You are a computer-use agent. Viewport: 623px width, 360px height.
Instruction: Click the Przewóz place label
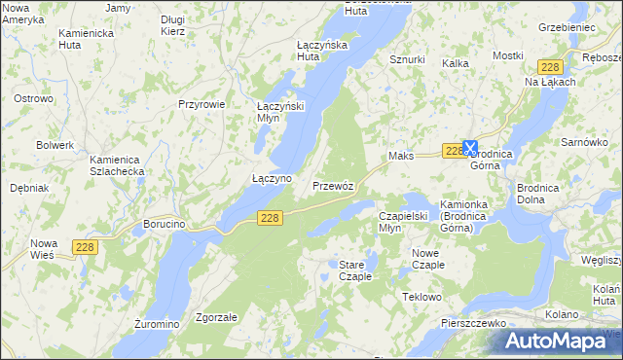pyautogui.click(x=339, y=185)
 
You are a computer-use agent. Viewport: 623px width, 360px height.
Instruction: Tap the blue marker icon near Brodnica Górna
pyautogui.click(x=470, y=149)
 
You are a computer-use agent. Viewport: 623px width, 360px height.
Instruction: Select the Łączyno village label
pyautogui.click(x=272, y=179)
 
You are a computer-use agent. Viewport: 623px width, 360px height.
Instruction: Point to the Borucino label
pyautogui.click(x=164, y=224)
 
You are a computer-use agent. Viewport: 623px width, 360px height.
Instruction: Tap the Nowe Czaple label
pyautogui.click(x=421, y=259)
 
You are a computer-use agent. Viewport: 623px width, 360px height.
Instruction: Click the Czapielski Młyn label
pyautogui.click(x=403, y=222)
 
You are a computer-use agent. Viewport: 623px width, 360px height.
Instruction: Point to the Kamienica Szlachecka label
pyautogui.click(x=117, y=165)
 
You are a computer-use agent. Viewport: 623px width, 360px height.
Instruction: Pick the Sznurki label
pyautogui.click(x=407, y=59)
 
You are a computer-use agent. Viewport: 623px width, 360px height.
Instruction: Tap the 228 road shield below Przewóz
pyautogui.click(x=272, y=219)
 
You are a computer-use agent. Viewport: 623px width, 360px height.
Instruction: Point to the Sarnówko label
pyautogui.click(x=584, y=142)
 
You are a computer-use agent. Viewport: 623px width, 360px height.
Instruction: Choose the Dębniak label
pyautogui.click(x=30, y=188)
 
